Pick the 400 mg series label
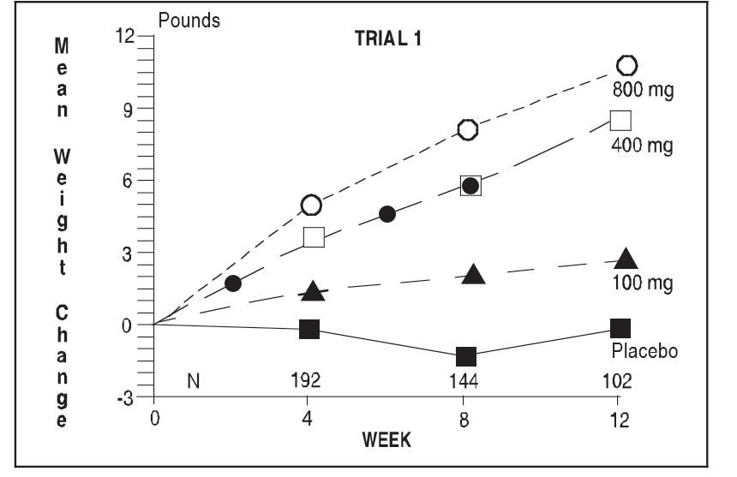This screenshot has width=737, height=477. coord(641,145)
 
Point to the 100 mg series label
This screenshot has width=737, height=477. coord(641,282)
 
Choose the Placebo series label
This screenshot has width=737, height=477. coord(644,351)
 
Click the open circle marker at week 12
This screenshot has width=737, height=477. coord(627,65)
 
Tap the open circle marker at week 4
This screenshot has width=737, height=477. coord(311,205)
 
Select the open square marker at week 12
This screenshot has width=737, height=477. coord(620,120)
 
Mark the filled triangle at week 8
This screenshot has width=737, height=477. coord(474,274)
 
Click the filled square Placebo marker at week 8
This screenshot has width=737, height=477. coord(466,355)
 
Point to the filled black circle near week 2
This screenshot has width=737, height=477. coord(232,283)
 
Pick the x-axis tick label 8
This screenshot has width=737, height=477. coord(464,420)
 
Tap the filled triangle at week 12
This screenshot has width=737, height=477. coord(626,259)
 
